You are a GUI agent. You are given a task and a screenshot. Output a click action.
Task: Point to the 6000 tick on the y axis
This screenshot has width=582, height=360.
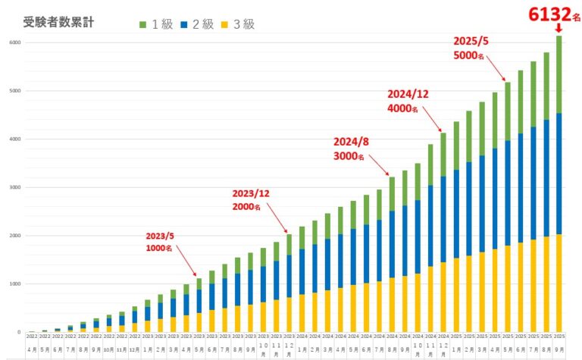tap(14, 42)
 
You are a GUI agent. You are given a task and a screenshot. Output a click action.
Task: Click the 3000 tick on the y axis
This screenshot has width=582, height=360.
tap(14, 187)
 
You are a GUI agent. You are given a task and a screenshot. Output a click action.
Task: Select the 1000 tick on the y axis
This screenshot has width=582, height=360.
tap(14, 284)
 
